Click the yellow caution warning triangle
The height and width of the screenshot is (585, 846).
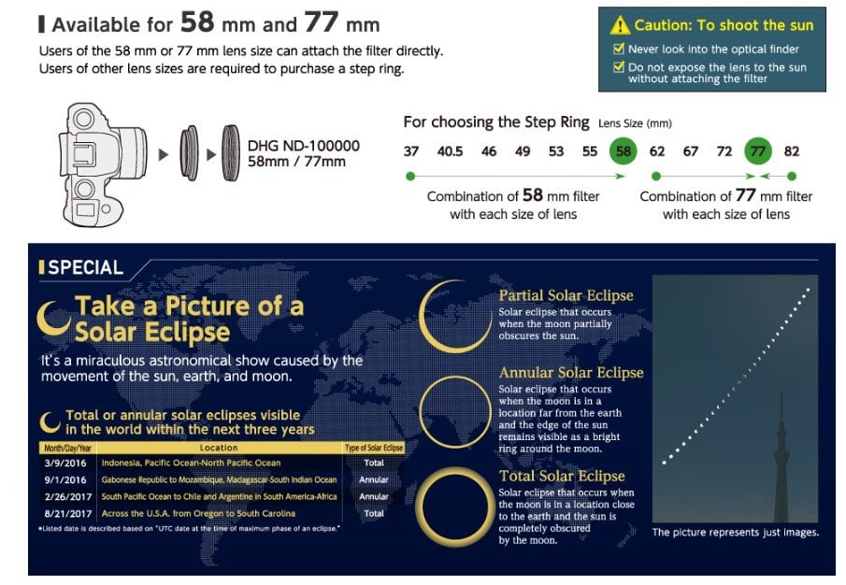620,25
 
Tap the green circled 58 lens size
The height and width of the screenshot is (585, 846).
624,151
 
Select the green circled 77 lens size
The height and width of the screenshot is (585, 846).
758,151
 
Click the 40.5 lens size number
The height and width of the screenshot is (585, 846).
450,151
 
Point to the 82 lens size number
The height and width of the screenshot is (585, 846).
792,151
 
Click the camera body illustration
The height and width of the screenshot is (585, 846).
103,164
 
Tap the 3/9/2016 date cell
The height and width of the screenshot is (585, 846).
65,464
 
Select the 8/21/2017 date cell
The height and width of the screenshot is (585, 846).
68,514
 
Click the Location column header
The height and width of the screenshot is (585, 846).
219,448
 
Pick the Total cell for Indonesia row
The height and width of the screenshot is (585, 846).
374,463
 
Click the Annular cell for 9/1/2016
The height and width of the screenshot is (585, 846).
373,479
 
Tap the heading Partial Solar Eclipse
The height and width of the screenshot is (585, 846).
566,295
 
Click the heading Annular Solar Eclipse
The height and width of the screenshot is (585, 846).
571,373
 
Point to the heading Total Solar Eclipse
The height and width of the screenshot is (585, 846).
562,476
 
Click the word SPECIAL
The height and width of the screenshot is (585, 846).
86,267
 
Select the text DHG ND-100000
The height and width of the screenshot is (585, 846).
304,146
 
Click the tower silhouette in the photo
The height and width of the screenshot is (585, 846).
781,458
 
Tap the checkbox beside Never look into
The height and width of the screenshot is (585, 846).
619,49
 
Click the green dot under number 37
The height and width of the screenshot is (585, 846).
410,176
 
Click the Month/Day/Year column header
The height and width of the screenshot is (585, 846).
68,448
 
